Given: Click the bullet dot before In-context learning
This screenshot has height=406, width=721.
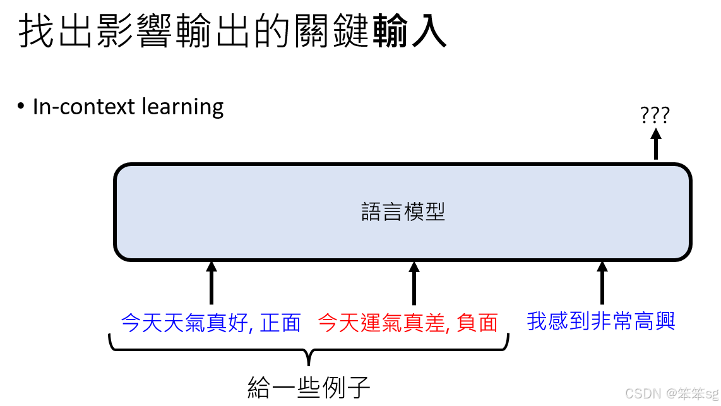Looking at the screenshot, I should click(21, 107).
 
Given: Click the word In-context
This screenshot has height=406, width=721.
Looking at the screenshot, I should click(84, 107).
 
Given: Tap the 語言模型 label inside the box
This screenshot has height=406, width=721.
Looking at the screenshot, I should click(403, 212).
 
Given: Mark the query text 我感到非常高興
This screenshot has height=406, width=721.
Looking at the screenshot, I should click(601, 321).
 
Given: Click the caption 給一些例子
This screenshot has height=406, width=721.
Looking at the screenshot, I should click(309, 386).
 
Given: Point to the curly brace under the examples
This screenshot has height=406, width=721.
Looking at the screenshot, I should click(308, 350).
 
